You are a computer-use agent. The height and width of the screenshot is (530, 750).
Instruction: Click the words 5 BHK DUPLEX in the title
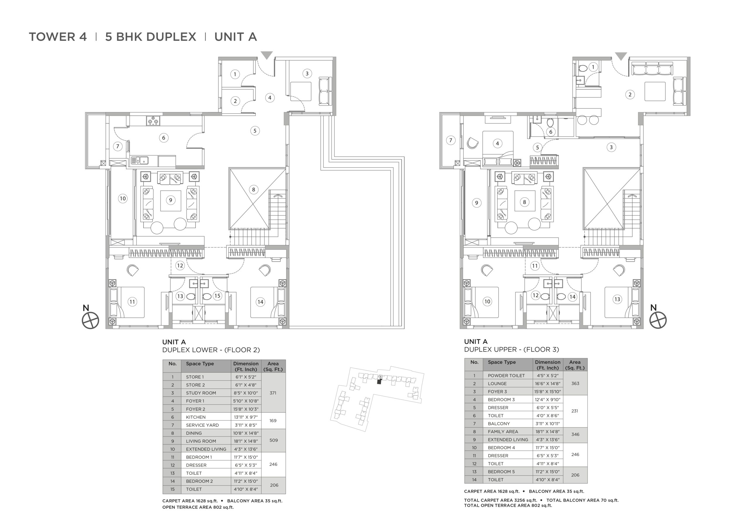click(151, 37)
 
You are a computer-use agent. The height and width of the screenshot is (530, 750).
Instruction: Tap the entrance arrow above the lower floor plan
click(267, 55)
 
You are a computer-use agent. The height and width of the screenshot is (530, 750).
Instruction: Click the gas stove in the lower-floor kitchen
click(153, 121)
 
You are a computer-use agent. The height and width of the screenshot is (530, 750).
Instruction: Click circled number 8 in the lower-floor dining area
click(253, 189)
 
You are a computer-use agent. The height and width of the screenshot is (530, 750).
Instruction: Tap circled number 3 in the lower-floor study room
click(307, 73)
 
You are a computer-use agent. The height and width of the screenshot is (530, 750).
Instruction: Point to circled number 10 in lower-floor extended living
click(122, 198)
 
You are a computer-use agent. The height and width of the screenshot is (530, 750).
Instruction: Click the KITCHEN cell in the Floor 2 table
click(196, 417)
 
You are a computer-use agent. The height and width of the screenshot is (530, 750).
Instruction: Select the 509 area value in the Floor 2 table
click(274, 440)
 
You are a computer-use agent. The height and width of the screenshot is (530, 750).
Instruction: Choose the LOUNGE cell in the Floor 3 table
click(497, 383)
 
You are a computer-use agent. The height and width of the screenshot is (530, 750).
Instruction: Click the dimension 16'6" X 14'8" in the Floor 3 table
click(548, 383)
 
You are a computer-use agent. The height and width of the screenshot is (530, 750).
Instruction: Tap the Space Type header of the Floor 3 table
click(502, 362)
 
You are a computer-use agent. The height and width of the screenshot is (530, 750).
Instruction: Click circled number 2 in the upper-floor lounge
click(630, 95)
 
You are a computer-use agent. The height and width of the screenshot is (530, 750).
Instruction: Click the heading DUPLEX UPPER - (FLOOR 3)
click(512, 349)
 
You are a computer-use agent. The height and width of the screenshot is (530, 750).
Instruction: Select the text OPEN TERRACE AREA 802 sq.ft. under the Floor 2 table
click(198, 507)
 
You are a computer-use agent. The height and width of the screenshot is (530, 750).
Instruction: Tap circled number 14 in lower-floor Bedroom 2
click(260, 302)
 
